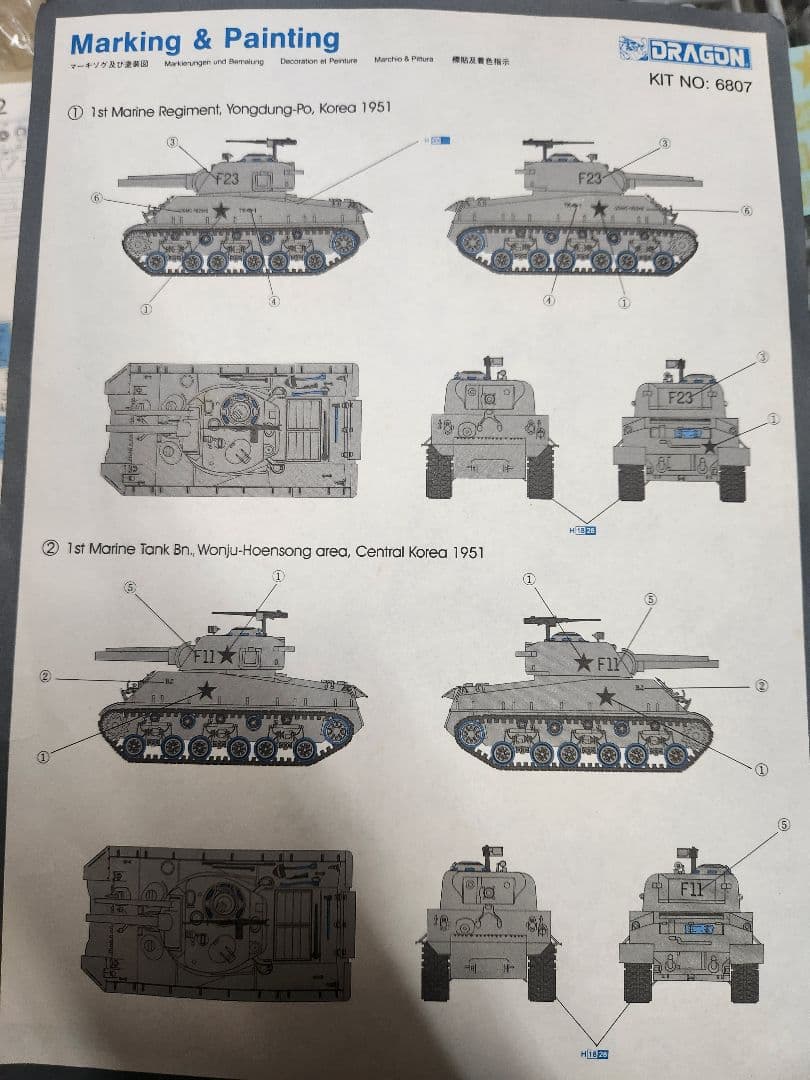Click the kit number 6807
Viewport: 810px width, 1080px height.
pyautogui.click(x=733, y=85)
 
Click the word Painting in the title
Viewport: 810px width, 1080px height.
pyautogui.click(x=281, y=40)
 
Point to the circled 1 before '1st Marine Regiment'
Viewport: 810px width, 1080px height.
pyautogui.click(x=75, y=113)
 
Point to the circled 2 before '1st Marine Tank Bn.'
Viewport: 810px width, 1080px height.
pyautogui.click(x=50, y=550)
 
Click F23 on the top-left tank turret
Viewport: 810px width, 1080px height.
pyautogui.click(x=227, y=179)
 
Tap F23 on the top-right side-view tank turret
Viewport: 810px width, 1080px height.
pyautogui.click(x=590, y=178)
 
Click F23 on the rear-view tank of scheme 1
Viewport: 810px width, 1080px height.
pyautogui.click(x=679, y=397)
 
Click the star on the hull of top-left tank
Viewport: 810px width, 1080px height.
pyautogui.click(x=220, y=207)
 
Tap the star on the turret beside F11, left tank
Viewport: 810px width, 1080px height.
pyautogui.click(x=228, y=655)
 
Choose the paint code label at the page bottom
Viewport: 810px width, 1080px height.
pyautogui.click(x=594, y=1054)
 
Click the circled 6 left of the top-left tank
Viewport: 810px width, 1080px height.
pyautogui.click(x=96, y=198)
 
